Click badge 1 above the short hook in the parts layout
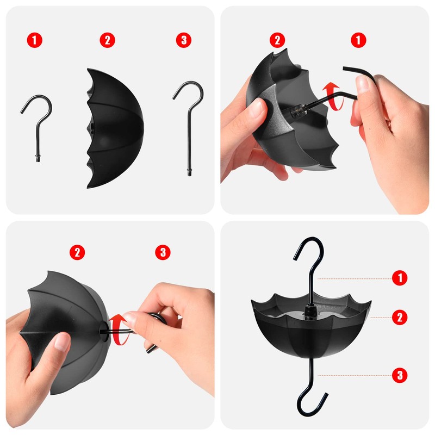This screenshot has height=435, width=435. pyautogui.click(x=36, y=40)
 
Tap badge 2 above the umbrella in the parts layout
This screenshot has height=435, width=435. pyautogui.click(x=108, y=40)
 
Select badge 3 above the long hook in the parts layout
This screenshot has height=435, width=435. pyautogui.click(x=184, y=40)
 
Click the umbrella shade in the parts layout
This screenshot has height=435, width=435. pyautogui.click(x=117, y=129)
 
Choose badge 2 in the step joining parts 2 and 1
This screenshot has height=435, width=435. pyautogui.click(x=277, y=40)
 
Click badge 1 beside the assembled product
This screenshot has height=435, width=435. pyautogui.click(x=400, y=278)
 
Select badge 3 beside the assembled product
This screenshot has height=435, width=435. pyautogui.click(x=400, y=374)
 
